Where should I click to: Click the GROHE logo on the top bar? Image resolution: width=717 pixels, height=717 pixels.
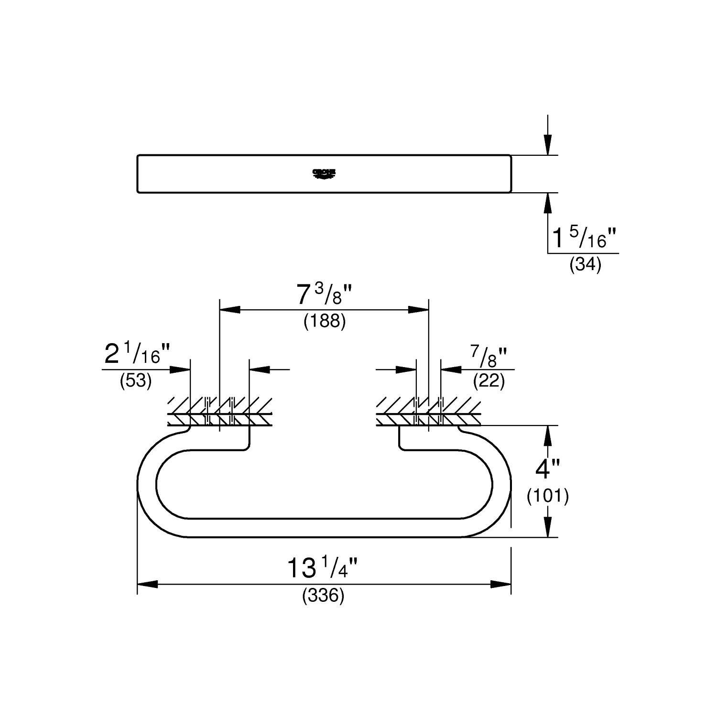tap(324, 174)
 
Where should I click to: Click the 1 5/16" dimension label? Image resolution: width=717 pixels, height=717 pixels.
tap(585, 238)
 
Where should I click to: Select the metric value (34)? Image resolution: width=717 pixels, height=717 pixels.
tap(585, 264)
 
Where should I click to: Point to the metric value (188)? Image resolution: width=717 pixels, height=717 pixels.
tap(324, 321)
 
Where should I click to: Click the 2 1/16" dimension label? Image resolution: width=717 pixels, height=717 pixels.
tap(137, 355)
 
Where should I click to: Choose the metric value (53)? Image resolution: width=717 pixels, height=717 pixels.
tap(136, 381)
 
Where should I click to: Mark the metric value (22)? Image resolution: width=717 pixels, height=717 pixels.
tap(489, 381)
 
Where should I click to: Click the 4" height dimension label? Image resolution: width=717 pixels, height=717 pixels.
tap(548, 469)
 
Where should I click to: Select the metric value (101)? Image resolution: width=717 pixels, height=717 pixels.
tap(548, 496)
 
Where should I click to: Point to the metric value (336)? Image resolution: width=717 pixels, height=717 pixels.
tap(323, 596)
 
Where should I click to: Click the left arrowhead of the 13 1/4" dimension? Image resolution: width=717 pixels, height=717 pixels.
tap(148, 584)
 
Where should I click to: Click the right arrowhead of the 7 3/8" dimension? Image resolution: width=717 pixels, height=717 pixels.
tap(419, 310)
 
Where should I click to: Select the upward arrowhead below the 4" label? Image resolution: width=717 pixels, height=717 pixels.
tap(548, 527)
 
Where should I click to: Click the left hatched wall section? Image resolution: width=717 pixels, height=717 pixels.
tap(220, 412)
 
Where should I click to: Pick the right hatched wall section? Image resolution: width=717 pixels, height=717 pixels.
tap(428, 412)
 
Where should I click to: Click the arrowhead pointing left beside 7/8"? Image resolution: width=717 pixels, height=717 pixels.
tap(451, 369)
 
